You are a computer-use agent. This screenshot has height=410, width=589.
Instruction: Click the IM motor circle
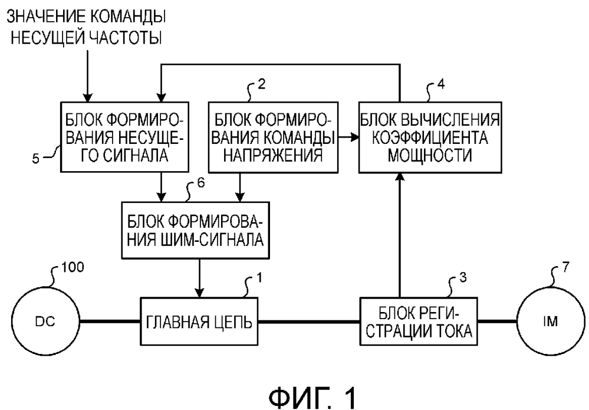(x=547, y=322)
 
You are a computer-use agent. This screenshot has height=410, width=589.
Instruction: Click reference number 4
(x=440, y=84)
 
